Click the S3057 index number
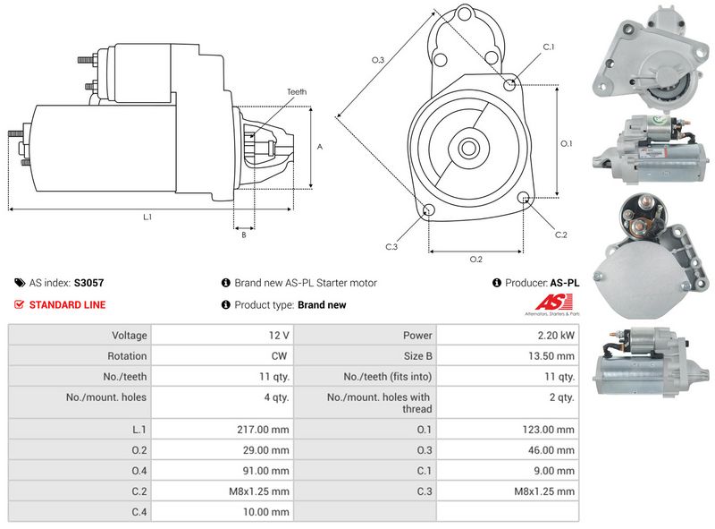point(88,283)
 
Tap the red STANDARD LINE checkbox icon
point(19,304)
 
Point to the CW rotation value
point(280,356)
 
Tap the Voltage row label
point(130,336)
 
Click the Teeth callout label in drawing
point(297,92)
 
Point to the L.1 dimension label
point(147,218)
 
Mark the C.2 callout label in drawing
point(560,235)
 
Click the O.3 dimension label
point(378,60)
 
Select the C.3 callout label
point(391,246)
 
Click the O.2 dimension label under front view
point(475,260)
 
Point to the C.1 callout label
point(549,47)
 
